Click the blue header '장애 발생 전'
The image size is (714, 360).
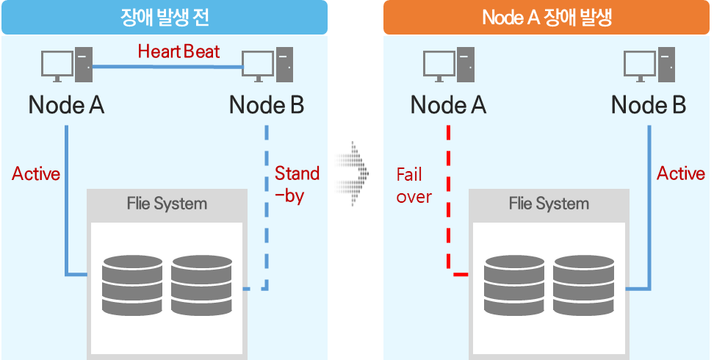[164, 17]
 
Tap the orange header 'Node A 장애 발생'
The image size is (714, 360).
[547, 17]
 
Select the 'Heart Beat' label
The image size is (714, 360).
[178, 51]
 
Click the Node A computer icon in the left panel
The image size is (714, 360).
[67, 66]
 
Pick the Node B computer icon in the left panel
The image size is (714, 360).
[268, 66]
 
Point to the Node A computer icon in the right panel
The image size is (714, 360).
[449, 66]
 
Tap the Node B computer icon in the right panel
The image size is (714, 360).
[649, 66]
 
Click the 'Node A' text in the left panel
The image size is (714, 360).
[66, 105]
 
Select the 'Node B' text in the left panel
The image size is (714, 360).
[267, 105]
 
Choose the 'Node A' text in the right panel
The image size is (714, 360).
[448, 105]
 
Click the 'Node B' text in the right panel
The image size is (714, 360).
[649, 105]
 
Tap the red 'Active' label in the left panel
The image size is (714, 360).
[36, 174]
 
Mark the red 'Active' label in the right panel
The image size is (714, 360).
[681, 174]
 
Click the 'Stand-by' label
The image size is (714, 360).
[297, 184]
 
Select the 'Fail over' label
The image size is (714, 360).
[414, 185]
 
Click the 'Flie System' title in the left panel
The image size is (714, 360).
[167, 204]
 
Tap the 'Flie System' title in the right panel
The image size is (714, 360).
[549, 204]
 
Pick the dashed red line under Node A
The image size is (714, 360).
[447, 198]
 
